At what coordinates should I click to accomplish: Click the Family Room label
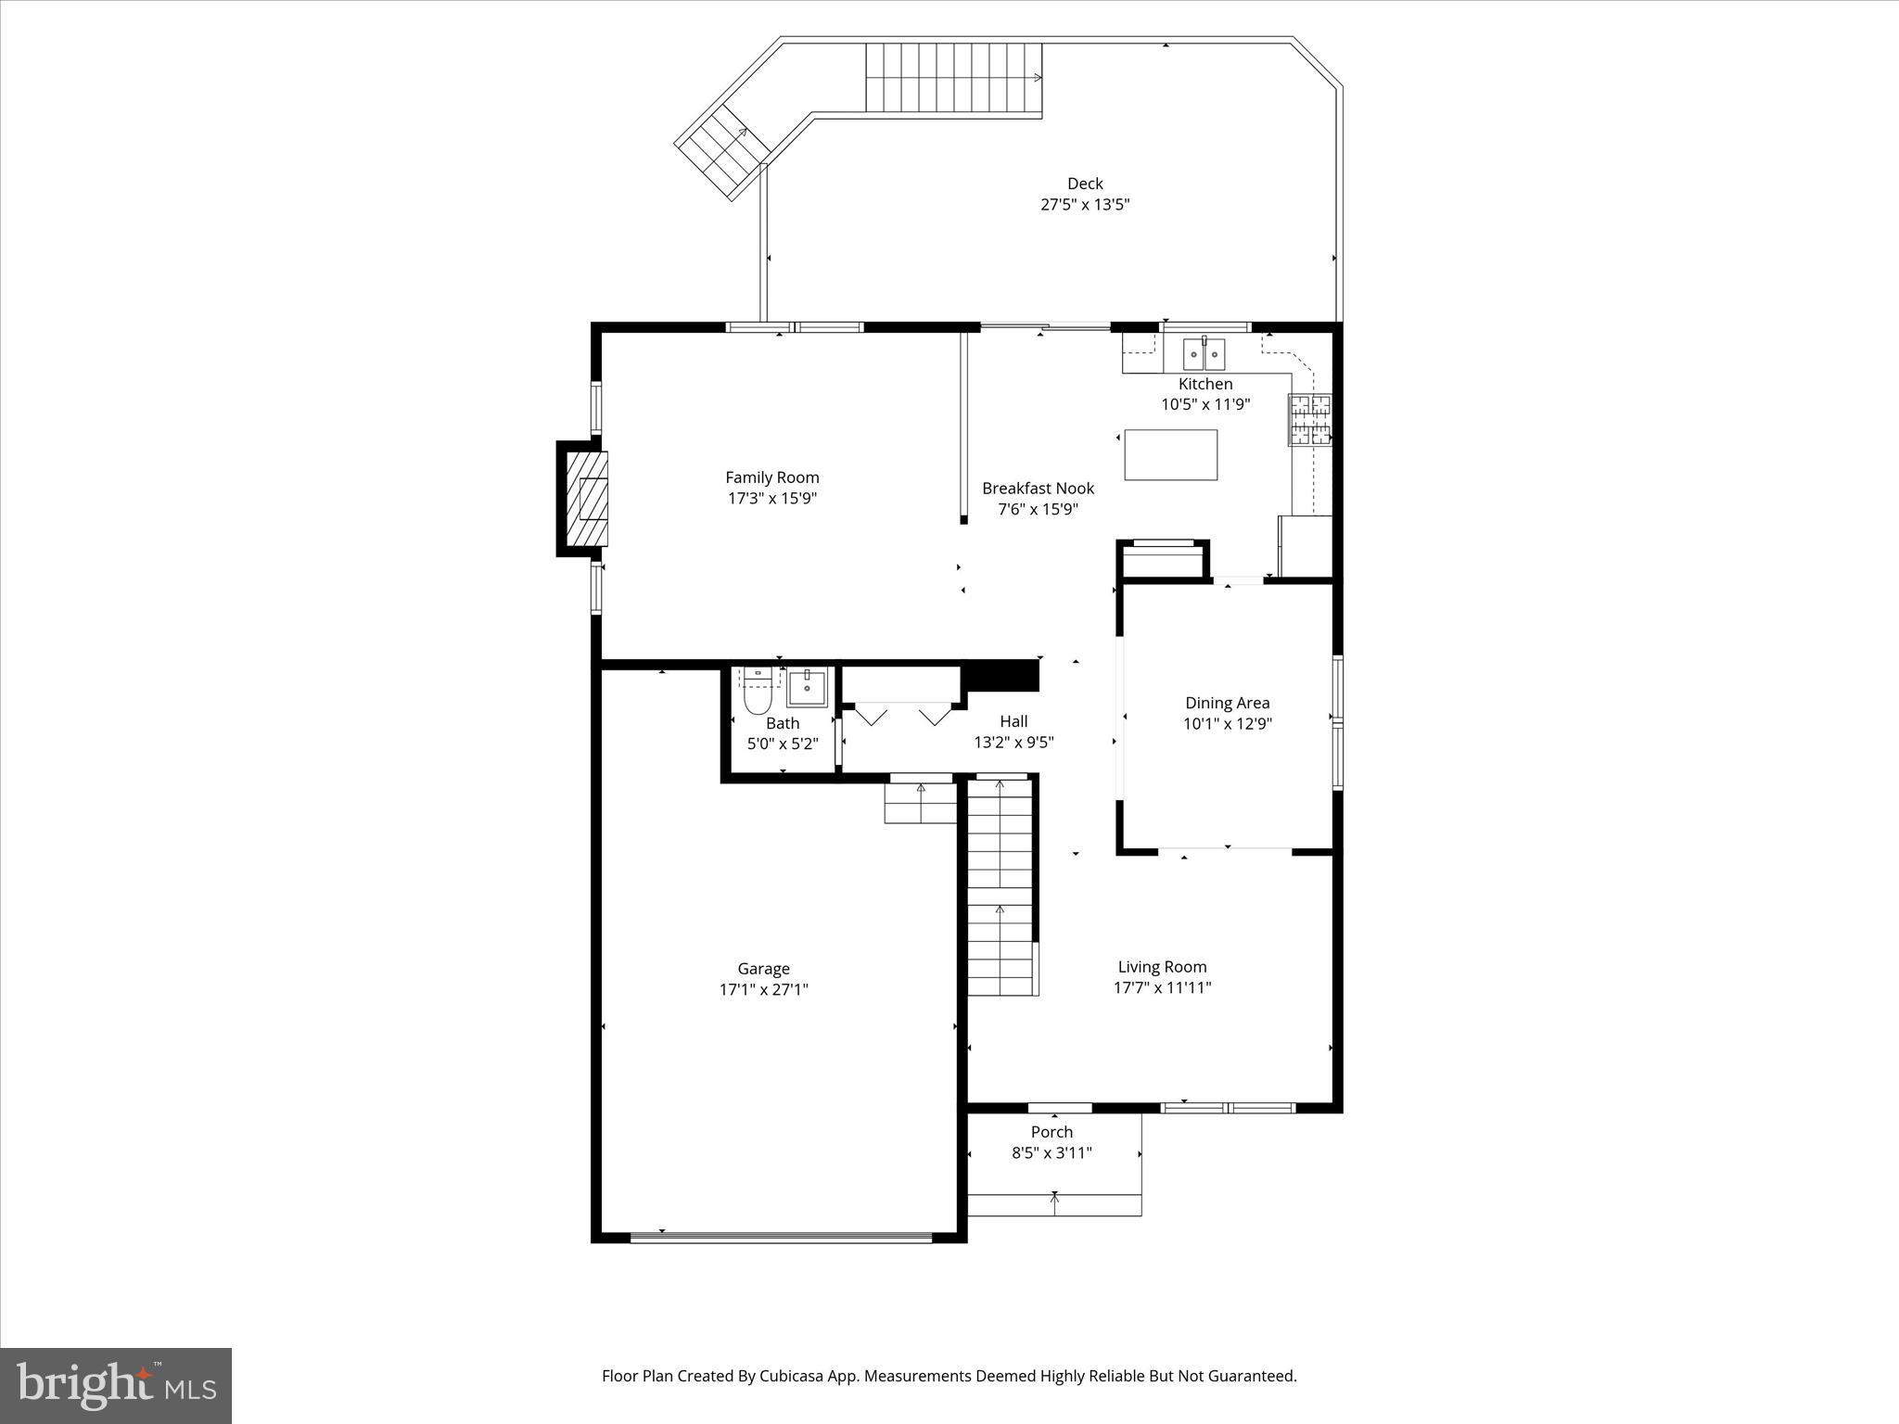point(771,477)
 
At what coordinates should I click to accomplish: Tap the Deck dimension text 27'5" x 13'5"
point(1084,204)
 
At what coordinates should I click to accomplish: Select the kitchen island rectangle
point(1170,454)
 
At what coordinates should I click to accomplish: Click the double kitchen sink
point(1204,353)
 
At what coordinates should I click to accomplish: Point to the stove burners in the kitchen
point(1309,419)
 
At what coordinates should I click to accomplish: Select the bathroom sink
point(807,688)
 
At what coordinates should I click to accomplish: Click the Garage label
point(763,969)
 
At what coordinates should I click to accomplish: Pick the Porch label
point(1051,1132)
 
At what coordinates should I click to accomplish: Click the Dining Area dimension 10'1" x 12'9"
point(1227,724)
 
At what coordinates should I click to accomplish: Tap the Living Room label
point(1162,967)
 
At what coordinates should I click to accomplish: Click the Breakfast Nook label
point(1038,489)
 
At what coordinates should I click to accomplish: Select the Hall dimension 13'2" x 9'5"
point(1013,743)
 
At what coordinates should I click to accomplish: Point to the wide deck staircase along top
point(953,77)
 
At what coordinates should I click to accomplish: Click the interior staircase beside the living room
point(1000,885)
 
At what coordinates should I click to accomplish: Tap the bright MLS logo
point(116,1386)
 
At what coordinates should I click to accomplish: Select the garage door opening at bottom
point(781,1236)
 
